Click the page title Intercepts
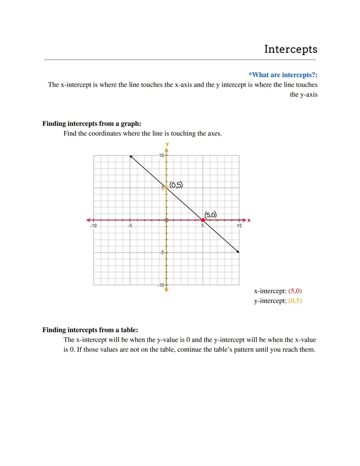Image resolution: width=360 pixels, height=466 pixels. tap(291, 49)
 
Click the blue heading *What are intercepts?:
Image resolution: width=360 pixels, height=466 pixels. tap(283, 75)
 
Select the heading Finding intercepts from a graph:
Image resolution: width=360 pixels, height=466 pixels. tap(92, 124)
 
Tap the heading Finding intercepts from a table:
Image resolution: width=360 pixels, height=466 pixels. tap(90, 330)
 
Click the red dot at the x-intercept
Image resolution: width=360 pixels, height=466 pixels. tap(203, 220)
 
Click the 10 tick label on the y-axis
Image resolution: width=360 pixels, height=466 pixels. tap(161, 155)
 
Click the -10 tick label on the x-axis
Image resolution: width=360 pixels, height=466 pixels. tap(93, 226)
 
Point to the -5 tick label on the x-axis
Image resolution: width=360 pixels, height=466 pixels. tap(130, 226)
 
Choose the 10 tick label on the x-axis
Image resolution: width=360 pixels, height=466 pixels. tap(239, 226)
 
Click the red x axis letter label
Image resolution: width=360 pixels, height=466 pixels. tap(249, 220)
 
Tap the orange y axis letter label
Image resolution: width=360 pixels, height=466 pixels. tap(167, 144)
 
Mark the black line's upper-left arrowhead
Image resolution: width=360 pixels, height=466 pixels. tap(131, 156)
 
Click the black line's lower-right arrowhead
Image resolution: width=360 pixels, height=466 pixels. tap(238, 252)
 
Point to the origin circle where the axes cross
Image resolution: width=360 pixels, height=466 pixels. tap(167, 220)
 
